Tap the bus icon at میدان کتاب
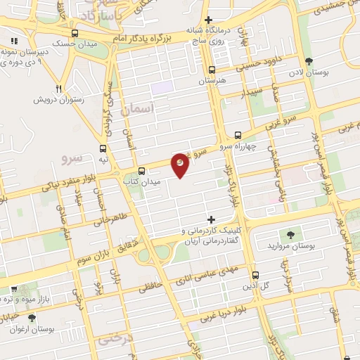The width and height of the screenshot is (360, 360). tap(142, 170)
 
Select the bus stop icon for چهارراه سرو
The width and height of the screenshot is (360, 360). tap(238, 134)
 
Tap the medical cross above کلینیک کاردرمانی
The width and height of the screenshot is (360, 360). tap(211, 220)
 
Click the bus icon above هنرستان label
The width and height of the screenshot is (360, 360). tap(212, 70)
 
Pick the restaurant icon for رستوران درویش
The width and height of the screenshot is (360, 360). tap(59, 89)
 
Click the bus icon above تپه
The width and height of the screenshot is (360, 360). tap(103, 148)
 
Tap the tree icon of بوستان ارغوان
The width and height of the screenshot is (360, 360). tap(30, 319)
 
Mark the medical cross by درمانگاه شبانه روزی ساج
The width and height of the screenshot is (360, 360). tap(208, 20)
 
